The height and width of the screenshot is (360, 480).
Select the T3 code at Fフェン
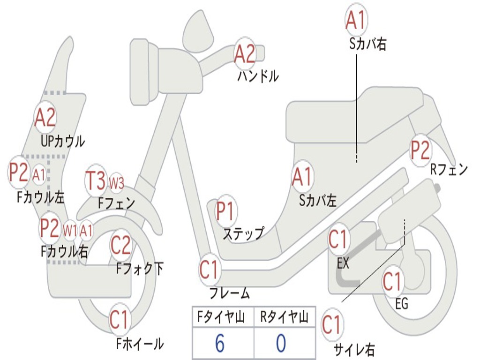coord(96,181)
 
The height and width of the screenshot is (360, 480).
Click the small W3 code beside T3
coord(116,183)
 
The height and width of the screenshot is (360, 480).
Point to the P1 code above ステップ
coord(226,211)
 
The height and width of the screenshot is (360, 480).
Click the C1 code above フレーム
coord(210,270)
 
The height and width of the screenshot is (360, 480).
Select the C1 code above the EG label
coord(392,282)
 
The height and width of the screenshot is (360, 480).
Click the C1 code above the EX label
coord(338,240)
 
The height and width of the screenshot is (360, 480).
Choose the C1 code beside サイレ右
coord(332,324)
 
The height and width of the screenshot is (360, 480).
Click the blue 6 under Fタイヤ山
coord(219,344)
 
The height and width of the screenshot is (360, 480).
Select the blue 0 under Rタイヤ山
coord(281,344)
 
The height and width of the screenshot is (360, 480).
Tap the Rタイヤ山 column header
coord(284,318)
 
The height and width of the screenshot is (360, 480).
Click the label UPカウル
coord(63,141)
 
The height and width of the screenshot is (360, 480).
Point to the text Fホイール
coord(140,344)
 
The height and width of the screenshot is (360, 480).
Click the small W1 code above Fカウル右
coord(70,230)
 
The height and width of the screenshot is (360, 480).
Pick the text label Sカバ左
coord(318,200)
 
